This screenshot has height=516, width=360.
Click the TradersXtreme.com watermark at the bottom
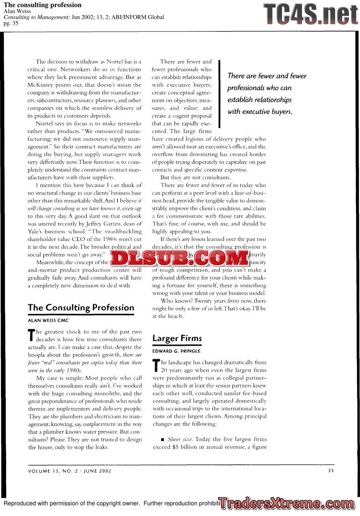point(286,503)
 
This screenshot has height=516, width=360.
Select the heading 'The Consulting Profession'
point(81,307)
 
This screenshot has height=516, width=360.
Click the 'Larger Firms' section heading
point(177,338)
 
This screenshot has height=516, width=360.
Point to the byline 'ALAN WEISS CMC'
point(48,320)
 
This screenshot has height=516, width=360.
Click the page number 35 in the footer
point(330,471)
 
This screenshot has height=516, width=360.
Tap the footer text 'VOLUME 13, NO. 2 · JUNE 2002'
point(70,471)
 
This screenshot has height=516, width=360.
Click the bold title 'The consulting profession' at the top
point(42,5)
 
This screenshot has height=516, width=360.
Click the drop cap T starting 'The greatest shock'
point(31,335)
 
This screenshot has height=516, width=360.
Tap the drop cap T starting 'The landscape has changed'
point(155,365)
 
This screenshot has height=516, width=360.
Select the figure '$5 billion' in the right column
point(182,446)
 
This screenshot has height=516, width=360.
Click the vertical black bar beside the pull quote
point(220,93)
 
